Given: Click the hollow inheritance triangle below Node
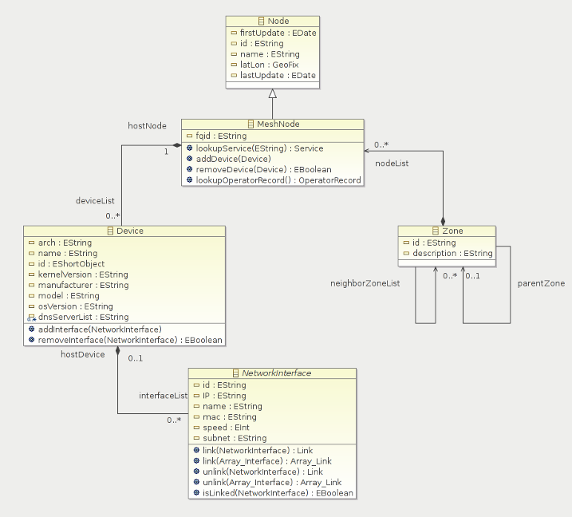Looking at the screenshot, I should coord(273,93).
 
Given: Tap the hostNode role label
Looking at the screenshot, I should coord(148,125).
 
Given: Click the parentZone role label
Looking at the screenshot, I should coord(541,283).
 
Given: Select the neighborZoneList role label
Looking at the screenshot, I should coord(365,283).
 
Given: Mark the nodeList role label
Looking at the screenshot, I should coord(392,163).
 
